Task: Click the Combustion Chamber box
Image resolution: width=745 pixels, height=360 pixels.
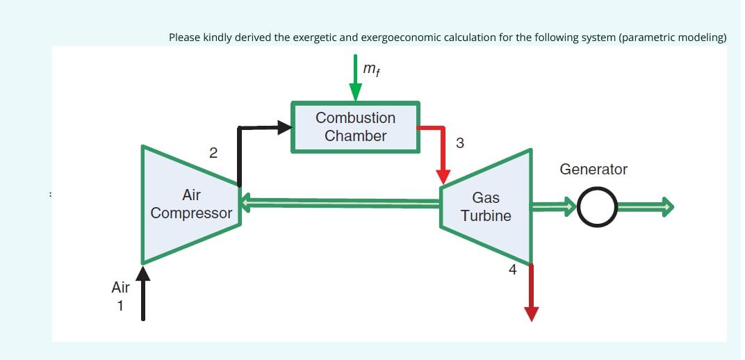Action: [x=355, y=127]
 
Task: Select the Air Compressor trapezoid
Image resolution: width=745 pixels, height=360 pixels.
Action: [x=191, y=204]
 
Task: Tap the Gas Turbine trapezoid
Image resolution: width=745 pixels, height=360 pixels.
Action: [x=486, y=206]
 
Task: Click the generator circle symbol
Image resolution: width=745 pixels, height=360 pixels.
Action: [x=597, y=206]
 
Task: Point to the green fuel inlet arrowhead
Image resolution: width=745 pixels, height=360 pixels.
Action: [x=356, y=92]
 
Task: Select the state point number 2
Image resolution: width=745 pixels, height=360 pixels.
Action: [x=213, y=153]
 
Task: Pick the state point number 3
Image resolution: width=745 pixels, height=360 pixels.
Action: [x=459, y=144]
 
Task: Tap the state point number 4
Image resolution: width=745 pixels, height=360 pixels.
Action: [x=512, y=270]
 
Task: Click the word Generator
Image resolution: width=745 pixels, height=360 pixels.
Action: [x=593, y=170]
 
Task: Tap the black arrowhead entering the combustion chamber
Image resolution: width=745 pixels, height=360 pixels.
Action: [x=283, y=127]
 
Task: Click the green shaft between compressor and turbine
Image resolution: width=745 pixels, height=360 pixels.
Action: [x=341, y=203]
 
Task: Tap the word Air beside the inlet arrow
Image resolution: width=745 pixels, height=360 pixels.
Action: [x=120, y=286]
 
